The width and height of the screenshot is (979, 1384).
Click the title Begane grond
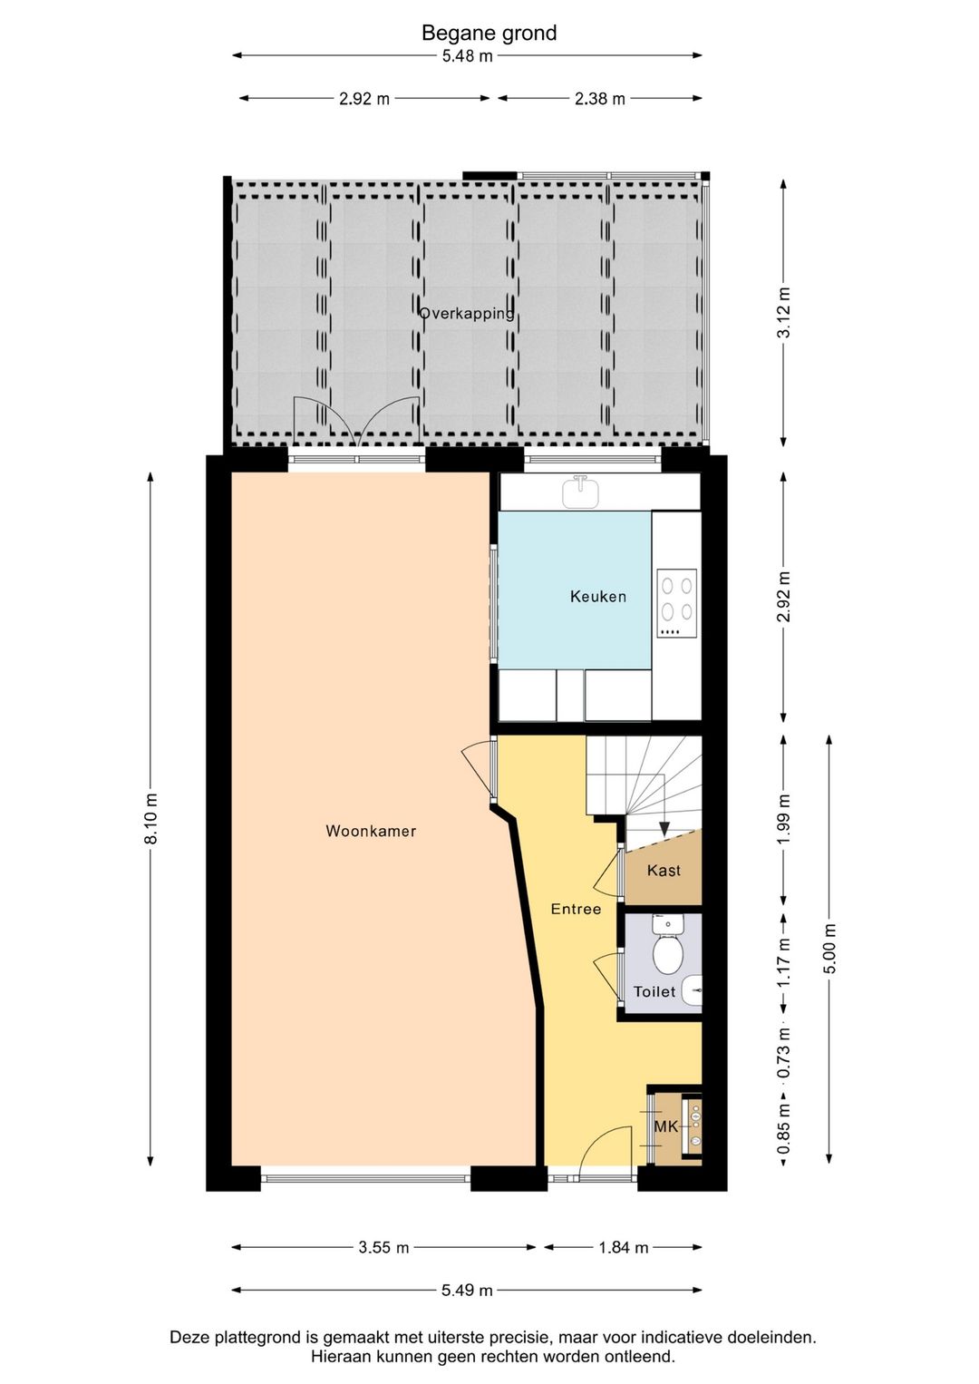coord(489,33)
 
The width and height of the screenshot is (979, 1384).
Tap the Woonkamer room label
coord(371,831)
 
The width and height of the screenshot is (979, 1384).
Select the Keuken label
coord(598,596)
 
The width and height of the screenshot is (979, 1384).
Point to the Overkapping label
coord(467,313)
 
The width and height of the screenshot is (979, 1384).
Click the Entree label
coord(576,909)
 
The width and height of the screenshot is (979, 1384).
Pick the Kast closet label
coord(664,870)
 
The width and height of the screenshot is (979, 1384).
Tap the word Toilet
coord(654,991)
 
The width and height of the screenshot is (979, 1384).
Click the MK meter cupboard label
coord(666,1126)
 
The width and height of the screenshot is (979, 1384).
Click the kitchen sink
coord(581,492)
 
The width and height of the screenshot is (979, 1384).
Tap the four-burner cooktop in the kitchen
coord(677,603)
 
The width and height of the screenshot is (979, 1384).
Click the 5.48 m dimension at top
coord(468,55)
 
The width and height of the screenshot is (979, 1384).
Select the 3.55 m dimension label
coord(383,1247)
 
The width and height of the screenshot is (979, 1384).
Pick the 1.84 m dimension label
coord(624,1247)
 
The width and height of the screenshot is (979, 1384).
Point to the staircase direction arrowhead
coord(664,829)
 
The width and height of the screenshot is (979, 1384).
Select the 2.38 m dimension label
coord(600,98)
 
